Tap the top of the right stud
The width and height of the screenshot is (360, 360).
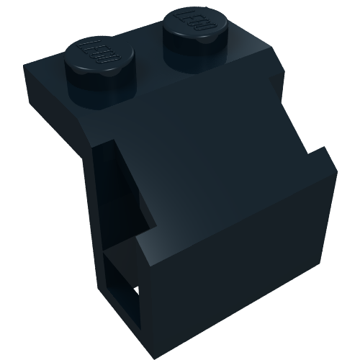(190, 22)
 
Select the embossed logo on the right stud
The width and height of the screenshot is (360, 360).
(191, 21)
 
